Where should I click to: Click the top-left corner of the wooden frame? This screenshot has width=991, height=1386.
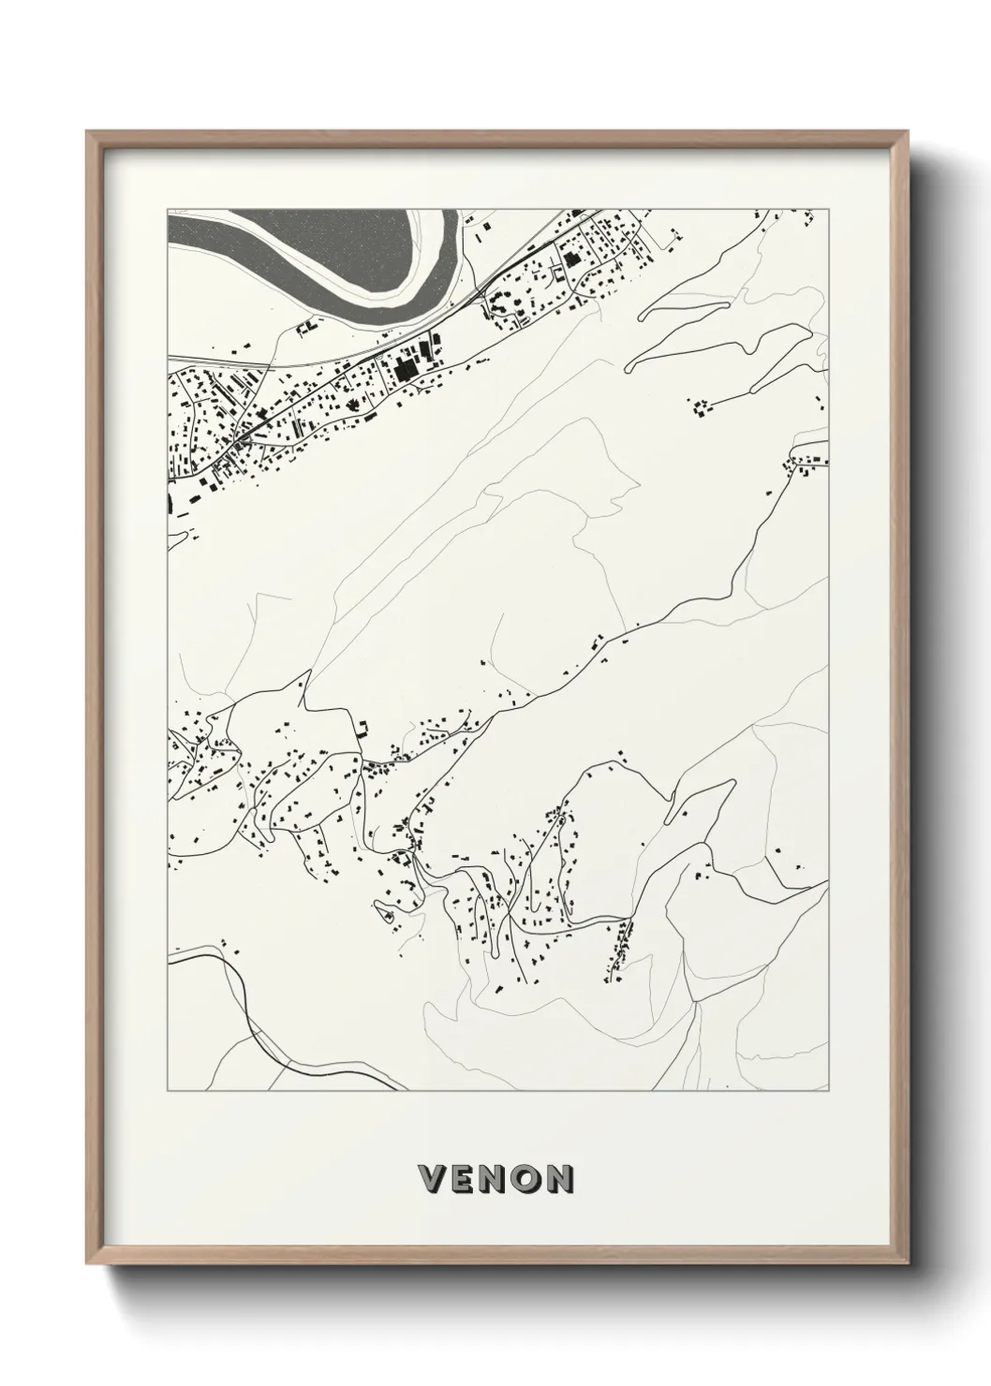87,132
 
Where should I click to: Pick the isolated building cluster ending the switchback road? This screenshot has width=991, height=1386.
700,406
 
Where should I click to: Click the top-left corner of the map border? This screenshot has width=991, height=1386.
168,208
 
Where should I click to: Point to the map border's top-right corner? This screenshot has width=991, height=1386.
829,208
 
